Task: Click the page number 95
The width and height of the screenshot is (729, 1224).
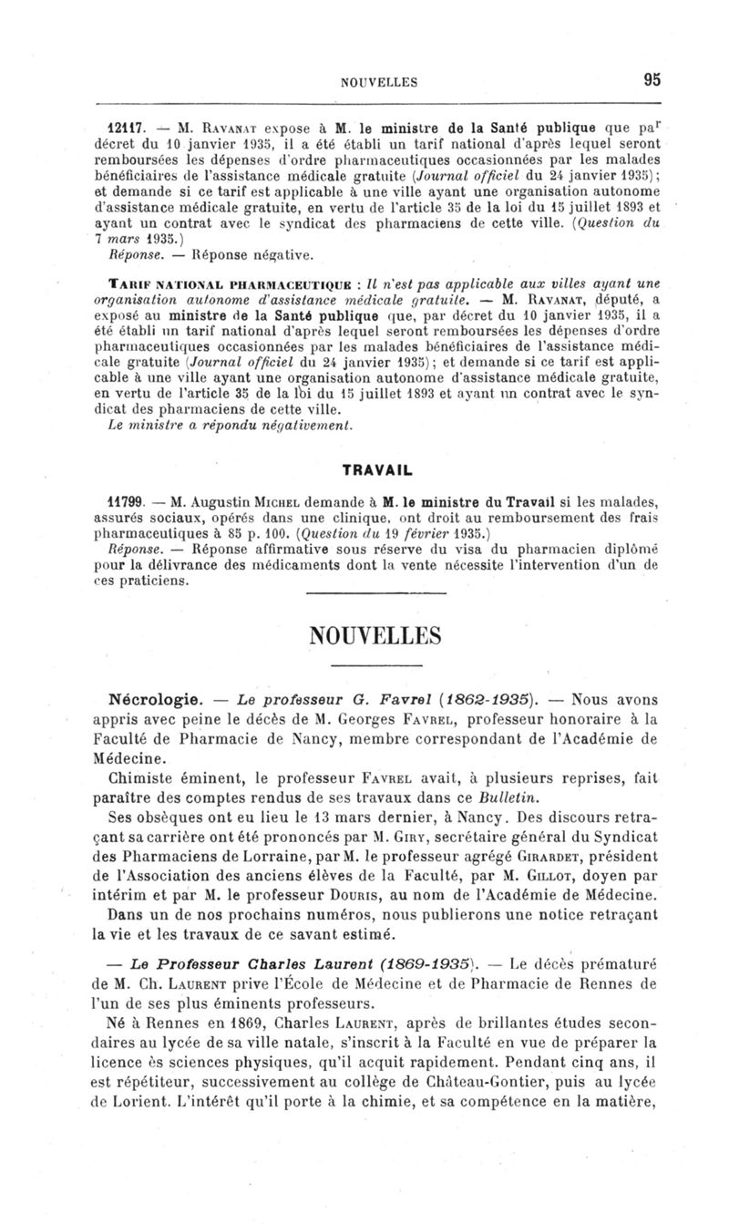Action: coord(652,79)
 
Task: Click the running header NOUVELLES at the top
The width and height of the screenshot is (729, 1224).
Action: coord(378,81)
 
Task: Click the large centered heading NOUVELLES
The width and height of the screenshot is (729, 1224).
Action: coord(376,635)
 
